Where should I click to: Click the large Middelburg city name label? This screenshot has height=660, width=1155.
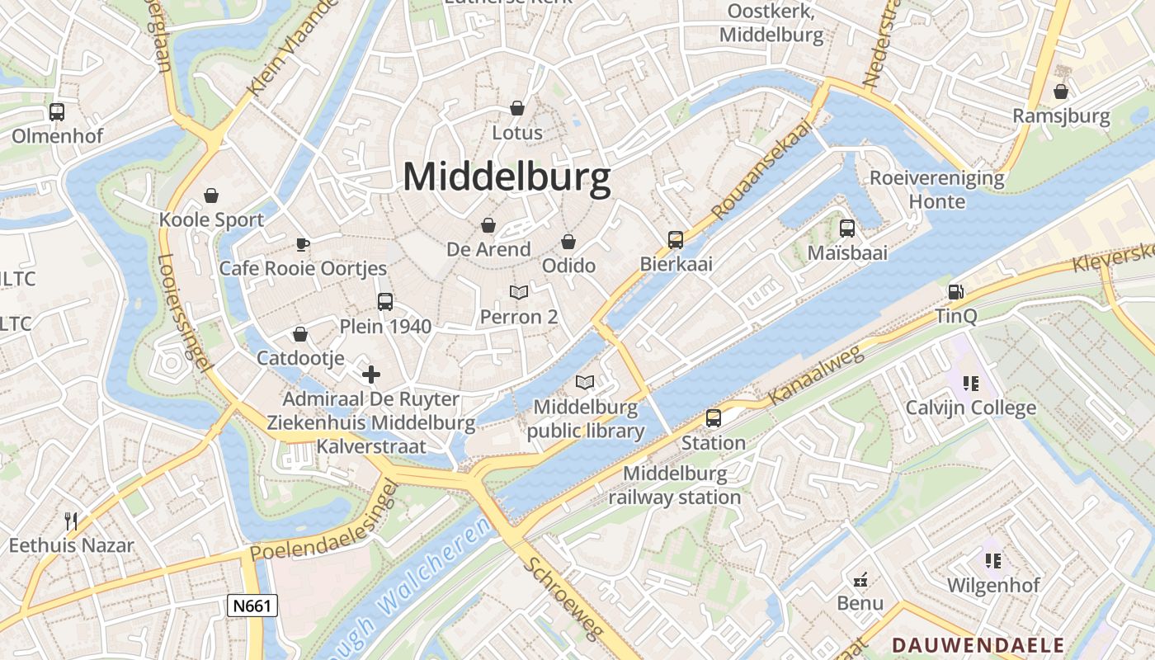(x=507, y=177)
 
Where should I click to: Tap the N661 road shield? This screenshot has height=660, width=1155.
(x=252, y=606)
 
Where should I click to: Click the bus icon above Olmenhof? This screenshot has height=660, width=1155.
(x=57, y=111)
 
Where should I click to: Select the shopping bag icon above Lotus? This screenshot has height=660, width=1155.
(x=517, y=108)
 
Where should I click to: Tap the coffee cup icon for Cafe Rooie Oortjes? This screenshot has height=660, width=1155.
(x=303, y=244)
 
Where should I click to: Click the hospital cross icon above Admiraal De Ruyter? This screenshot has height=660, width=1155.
(x=371, y=375)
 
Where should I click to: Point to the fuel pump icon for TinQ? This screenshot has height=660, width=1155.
(x=956, y=291)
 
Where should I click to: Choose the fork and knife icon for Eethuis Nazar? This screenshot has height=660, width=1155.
(x=71, y=521)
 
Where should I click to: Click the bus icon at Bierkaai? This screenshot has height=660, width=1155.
(x=676, y=240)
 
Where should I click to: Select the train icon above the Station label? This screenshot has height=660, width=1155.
(x=714, y=418)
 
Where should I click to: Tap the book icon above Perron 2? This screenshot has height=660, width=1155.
(x=519, y=292)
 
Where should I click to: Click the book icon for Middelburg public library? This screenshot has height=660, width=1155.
(x=585, y=382)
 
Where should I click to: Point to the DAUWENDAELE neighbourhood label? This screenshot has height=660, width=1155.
(x=978, y=644)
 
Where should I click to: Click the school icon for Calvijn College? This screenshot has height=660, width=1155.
(x=971, y=383)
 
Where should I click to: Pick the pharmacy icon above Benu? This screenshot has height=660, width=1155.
(x=860, y=579)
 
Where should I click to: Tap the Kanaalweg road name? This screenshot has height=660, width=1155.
(x=816, y=375)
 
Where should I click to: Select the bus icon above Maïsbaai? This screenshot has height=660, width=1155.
(x=847, y=229)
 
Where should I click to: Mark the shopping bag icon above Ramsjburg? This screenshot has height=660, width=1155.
(x=1061, y=92)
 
